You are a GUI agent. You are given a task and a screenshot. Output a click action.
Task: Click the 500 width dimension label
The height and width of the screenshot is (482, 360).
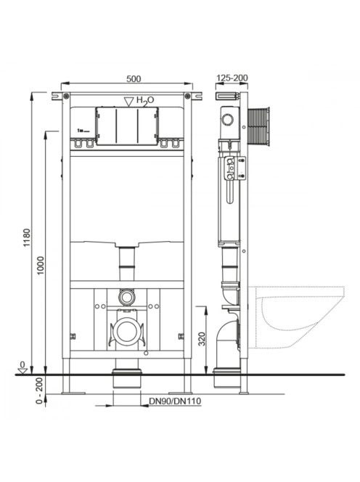coord(134,78)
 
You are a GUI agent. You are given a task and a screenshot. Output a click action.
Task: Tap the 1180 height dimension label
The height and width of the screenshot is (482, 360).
coord(27,237)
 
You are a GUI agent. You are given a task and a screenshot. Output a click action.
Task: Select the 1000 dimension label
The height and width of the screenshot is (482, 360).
coord(41,265)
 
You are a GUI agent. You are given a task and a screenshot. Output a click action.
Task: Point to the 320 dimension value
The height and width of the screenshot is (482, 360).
coord(202,338)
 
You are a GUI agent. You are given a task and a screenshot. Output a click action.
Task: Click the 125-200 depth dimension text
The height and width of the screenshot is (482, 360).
coord(232,78)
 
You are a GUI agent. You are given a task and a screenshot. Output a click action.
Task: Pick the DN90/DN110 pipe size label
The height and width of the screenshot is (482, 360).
coord(175,401)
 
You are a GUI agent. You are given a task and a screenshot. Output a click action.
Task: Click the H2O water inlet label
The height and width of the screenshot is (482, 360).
coord(145,100)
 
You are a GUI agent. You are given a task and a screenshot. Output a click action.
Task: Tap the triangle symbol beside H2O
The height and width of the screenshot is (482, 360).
coord(128,102)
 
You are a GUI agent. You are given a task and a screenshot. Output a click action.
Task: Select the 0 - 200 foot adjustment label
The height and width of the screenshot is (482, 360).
coord(40,391)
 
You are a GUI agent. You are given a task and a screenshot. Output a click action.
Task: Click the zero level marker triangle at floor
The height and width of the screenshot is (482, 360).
coord(22,371)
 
